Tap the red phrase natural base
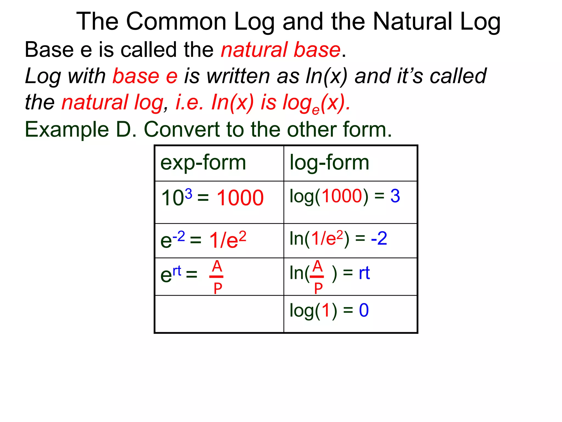coord(281,50)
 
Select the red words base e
coord(145,76)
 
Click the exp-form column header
coord(203,163)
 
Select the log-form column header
coord(329,163)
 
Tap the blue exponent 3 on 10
coord(189,194)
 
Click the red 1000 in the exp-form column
coord(240,198)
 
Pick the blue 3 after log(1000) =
coord(395,196)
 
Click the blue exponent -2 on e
coord(179,236)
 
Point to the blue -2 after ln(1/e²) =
coord(379,238)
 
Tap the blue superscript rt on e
coord(177,271)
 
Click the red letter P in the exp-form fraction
coord(218,288)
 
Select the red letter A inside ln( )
coord(317,266)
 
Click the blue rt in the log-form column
coord(364,273)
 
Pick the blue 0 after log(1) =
coord(364,310)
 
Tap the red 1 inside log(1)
coord(326,310)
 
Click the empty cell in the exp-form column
coord(219,314)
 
